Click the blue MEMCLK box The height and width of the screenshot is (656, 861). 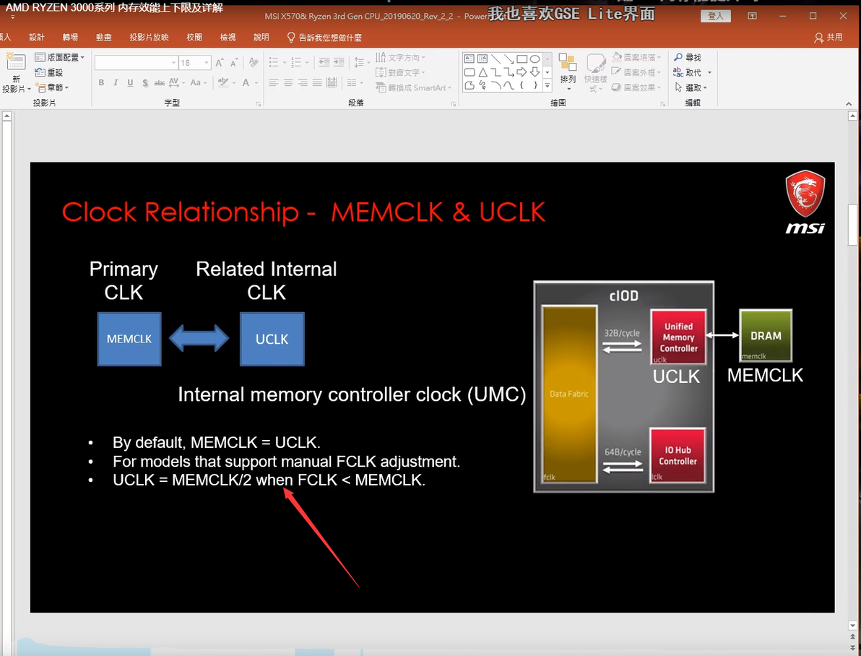click(129, 339)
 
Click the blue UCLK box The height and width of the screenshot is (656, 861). click(272, 339)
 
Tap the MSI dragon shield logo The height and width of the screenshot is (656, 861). click(805, 195)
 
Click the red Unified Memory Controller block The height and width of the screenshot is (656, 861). click(678, 337)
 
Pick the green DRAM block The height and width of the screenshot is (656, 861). click(766, 335)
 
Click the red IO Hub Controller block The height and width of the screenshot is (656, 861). click(678, 455)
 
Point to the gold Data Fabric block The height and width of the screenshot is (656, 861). click(569, 394)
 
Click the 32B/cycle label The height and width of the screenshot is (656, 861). click(623, 334)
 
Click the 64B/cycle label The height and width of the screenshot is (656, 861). click(623, 452)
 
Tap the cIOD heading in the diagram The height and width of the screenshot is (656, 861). click(623, 296)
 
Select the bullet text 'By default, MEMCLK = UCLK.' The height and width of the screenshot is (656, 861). click(216, 443)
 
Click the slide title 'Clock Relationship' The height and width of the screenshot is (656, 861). click(181, 212)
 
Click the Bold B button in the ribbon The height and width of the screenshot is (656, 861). click(101, 83)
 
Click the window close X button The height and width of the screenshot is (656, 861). click(843, 16)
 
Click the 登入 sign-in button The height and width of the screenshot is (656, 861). click(715, 16)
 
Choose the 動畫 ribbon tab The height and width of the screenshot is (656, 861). click(103, 38)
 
